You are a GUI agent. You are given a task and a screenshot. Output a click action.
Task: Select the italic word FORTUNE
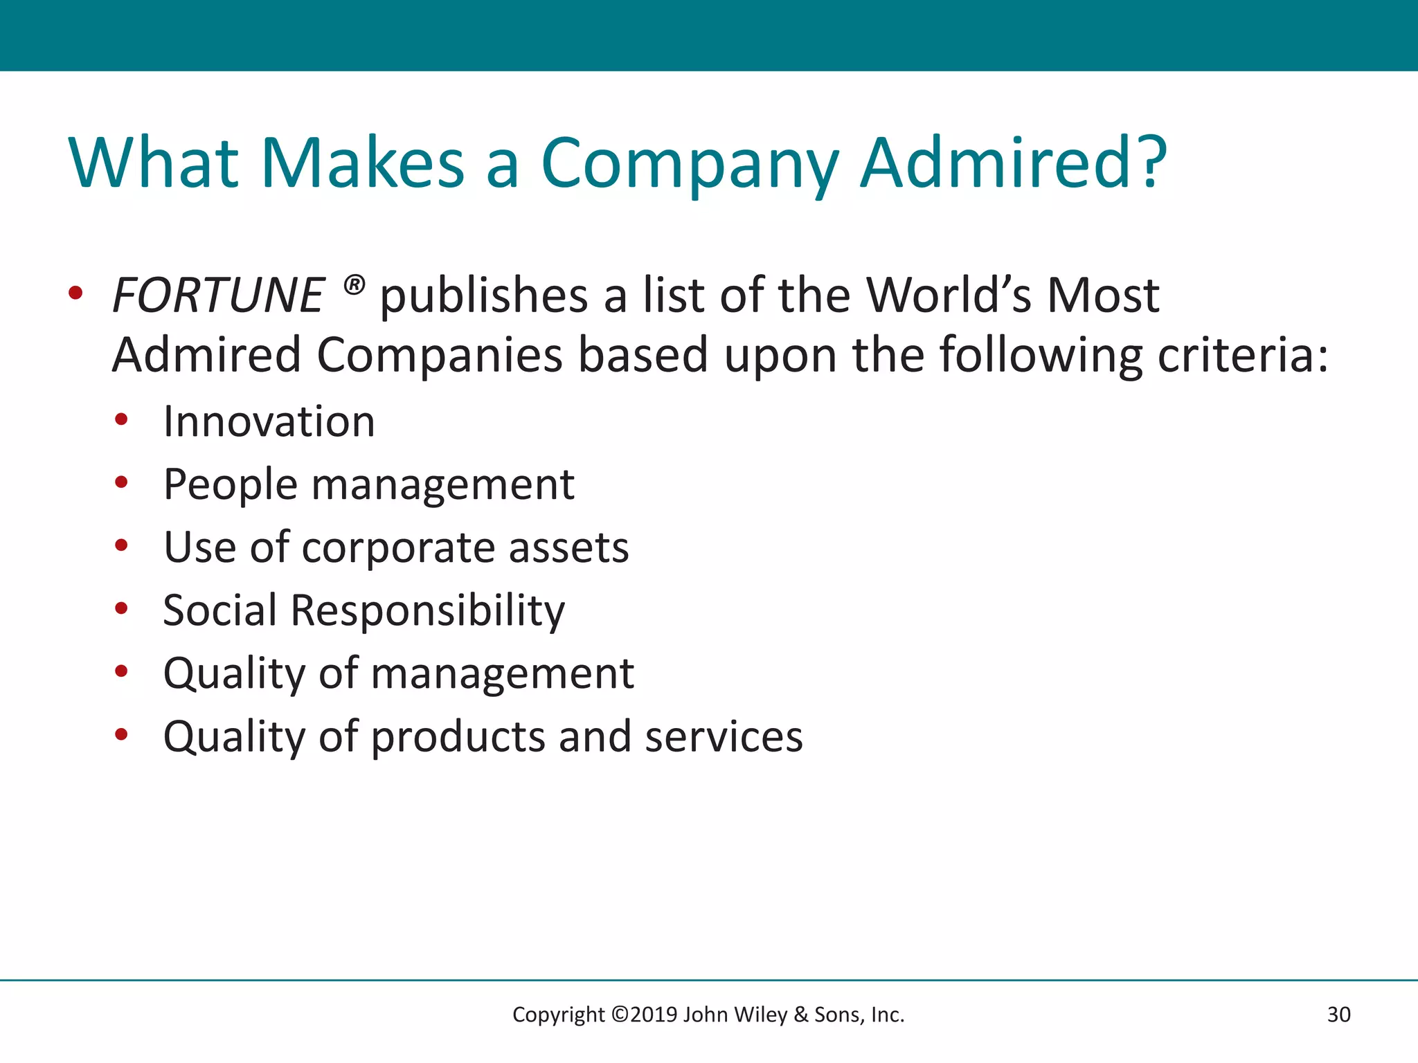(218, 296)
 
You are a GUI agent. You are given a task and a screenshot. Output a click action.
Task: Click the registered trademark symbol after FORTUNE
(354, 284)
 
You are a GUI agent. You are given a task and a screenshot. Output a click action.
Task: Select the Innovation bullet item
(269, 421)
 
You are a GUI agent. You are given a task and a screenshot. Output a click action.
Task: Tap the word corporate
(397, 547)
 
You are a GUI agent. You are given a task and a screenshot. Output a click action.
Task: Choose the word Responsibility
(427, 610)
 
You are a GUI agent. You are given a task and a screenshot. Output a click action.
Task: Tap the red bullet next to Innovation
(121, 419)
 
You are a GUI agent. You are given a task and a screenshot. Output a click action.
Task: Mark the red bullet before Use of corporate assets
(121, 545)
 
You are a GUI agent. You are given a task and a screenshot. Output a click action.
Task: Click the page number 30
(1338, 1015)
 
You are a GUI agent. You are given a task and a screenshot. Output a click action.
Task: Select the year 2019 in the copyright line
(654, 1015)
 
